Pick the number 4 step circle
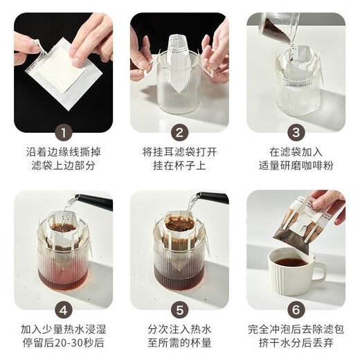[x=63, y=309]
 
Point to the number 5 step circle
[x=179, y=309]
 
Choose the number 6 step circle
[x=296, y=309]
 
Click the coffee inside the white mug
[x=291, y=262]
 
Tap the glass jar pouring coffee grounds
[x=279, y=27]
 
